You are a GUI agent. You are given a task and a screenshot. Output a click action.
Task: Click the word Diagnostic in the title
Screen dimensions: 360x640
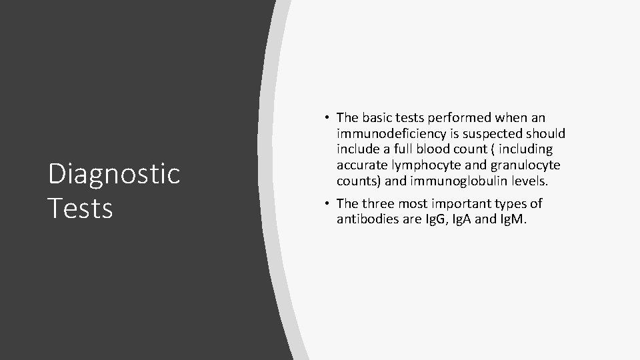114,174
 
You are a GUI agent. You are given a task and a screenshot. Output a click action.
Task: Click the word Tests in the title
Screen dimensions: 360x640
81,208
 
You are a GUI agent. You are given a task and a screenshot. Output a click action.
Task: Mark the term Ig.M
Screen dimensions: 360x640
513,219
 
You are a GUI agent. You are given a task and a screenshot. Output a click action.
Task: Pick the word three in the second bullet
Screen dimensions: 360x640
380,203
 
